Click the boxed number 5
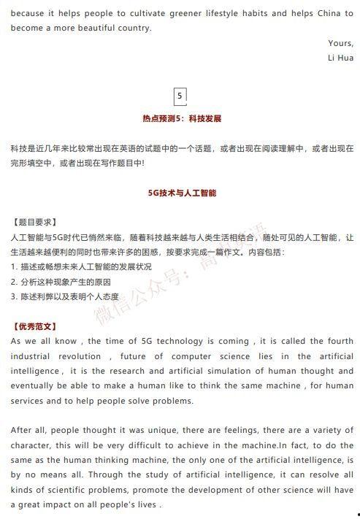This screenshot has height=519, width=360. pos(180,95)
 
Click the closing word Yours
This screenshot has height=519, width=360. pos(340,43)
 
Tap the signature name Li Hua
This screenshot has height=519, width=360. pos(340,58)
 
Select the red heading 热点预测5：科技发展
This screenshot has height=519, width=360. pos(182,118)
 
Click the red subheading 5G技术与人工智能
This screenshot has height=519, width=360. pos(182,193)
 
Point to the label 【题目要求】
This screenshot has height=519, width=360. pos(34,223)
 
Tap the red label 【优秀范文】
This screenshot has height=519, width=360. pos(34,326)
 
